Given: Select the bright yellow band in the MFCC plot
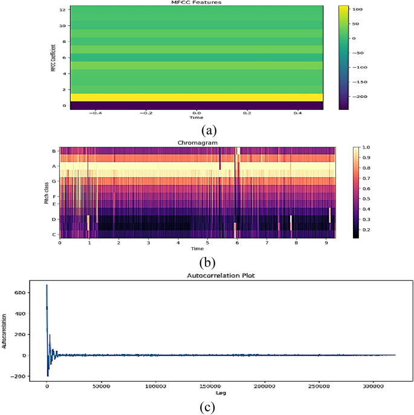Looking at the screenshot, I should [196, 97].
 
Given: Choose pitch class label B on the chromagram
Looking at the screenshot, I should [54, 151].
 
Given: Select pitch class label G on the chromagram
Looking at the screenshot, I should [54, 181].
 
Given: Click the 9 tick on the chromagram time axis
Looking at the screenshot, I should [326, 243].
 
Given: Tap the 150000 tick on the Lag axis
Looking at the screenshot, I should [210, 385].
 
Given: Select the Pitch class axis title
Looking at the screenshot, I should [46, 192].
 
